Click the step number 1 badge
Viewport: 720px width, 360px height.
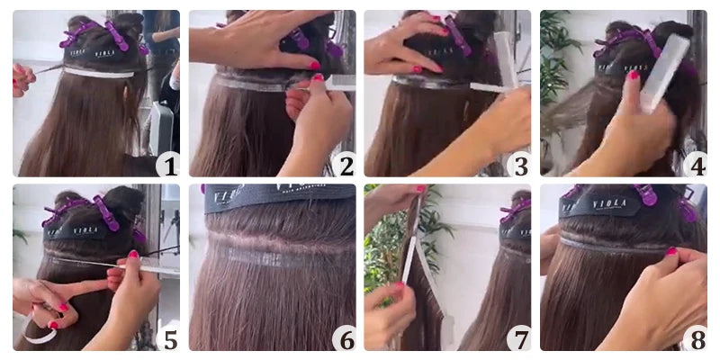[x=167, y=165]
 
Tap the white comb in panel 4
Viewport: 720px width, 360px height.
[x=664, y=72]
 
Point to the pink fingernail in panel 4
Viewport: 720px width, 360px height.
[x=634, y=76]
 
